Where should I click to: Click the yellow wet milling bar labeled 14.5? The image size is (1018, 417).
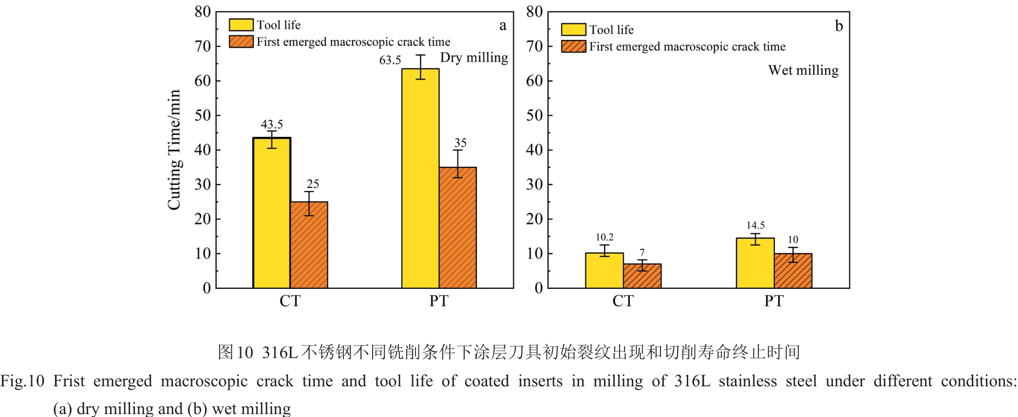(755, 263)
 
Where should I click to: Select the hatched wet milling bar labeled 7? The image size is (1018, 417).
(642, 276)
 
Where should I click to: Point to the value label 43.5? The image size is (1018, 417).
(272, 125)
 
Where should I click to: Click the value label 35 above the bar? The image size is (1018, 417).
(460, 143)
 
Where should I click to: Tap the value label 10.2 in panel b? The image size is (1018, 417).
(604, 237)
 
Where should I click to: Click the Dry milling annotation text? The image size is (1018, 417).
(474, 58)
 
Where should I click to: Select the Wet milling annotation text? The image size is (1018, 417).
(803, 71)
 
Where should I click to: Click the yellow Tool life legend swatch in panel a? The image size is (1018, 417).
(241, 25)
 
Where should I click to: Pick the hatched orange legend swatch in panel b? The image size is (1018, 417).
(573, 47)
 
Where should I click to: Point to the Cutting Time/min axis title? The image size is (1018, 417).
(174, 150)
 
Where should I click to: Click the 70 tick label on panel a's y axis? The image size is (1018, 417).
(203, 47)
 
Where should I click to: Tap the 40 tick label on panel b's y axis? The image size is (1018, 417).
(534, 150)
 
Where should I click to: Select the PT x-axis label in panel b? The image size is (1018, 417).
(773, 301)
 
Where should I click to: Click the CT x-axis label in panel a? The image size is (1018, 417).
(290, 301)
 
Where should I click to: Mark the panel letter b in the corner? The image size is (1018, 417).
(839, 26)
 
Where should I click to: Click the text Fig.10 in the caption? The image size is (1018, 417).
(22, 381)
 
